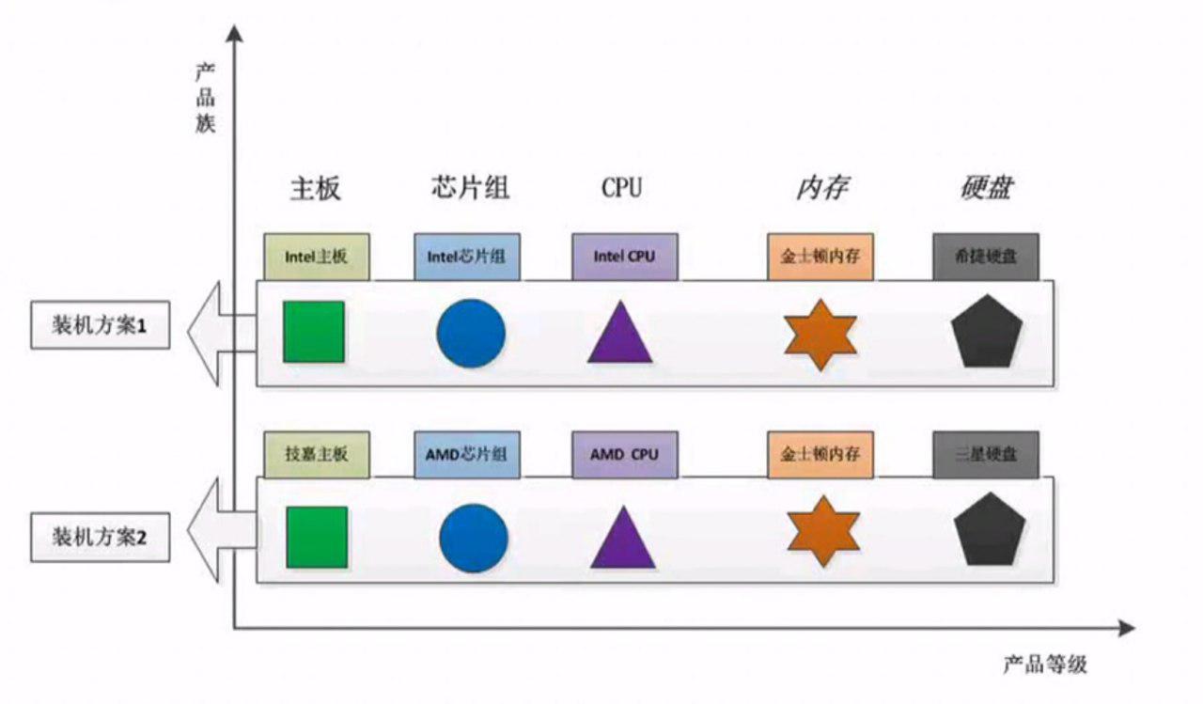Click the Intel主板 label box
pyautogui.click(x=317, y=257)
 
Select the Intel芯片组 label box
pyautogui.click(x=466, y=257)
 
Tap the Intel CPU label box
pyautogui.click(x=624, y=257)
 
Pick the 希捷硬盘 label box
pyautogui.click(x=986, y=257)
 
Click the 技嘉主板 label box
pyautogui.click(x=317, y=454)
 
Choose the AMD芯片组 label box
pyautogui.click(x=466, y=454)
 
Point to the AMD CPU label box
pyautogui.click(x=624, y=454)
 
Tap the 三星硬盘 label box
pyautogui.click(x=986, y=454)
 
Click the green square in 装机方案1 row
pyautogui.click(x=314, y=332)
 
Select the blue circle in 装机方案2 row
pyautogui.click(x=474, y=538)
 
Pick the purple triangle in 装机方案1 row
pyautogui.click(x=620, y=335)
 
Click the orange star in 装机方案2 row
pyautogui.click(x=823, y=531)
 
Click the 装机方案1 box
pyautogui.click(x=101, y=326)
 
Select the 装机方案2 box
pyautogui.click(x=101, y=539)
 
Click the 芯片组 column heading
pyautogui.click(x=465, y=188)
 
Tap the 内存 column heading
pyautogui.click(x=821, y=188)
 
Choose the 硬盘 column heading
pyautogui.click(x=987, y=188)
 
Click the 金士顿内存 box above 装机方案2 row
pyautogui.click(x=820, y=454)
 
